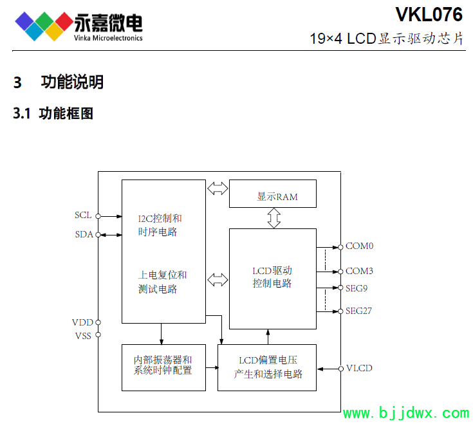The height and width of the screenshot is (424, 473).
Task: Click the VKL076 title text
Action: pos(429,14)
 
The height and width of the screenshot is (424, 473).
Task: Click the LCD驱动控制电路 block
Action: pos(272,277)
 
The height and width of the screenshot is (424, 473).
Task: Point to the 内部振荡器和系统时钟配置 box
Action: pos(162,367)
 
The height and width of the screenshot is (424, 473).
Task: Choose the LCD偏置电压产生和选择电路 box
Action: pos(267,367)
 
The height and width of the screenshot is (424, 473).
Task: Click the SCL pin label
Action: pos(83,215)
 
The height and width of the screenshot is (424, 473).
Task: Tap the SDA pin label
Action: pos(84,234)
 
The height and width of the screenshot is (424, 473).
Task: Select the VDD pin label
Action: pos(82,322)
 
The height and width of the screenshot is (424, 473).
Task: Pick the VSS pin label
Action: pos(83,335)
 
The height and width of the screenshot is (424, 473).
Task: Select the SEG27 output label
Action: pos(358,311)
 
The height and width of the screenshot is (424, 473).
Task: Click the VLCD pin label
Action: pos(358,368)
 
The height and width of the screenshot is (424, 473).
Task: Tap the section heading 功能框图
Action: pos(66,114)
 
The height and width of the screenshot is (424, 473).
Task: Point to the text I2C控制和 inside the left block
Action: pos(160,217)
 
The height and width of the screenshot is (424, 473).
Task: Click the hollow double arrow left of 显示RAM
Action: pos(218,189)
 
